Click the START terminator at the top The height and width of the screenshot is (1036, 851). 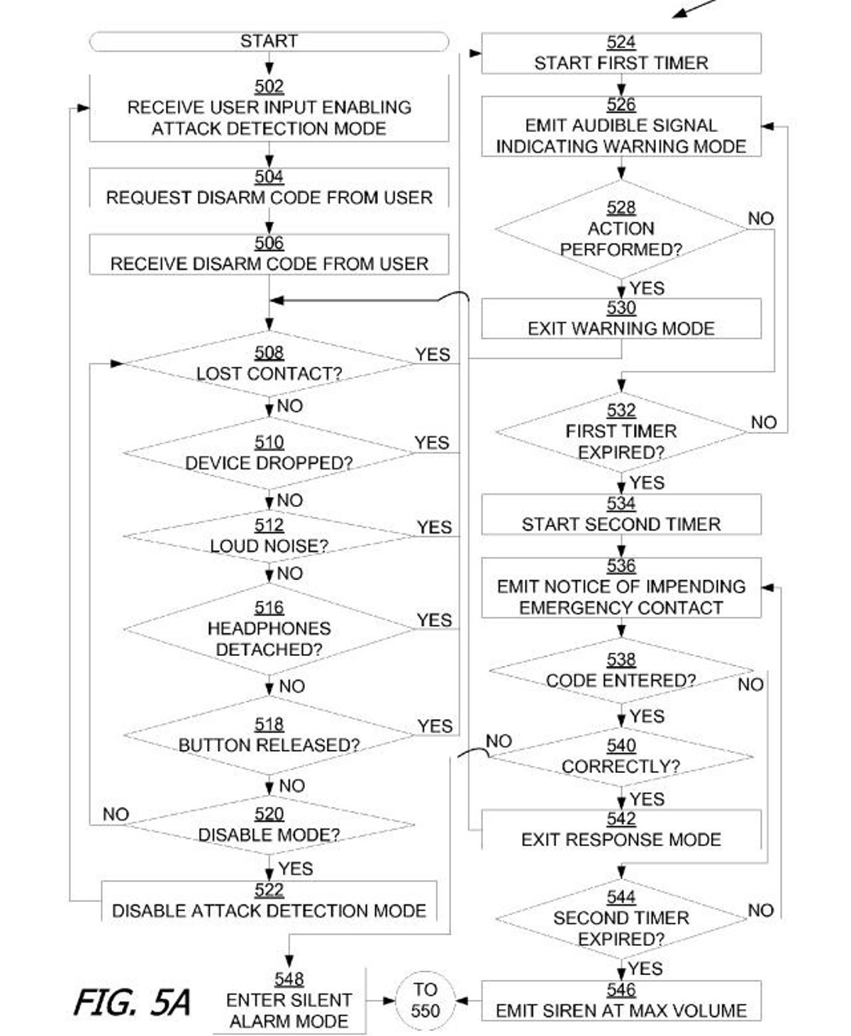[x=269, y=41]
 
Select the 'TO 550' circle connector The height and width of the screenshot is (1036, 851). [x=425, y=1000]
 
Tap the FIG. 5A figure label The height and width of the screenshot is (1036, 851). [x=132, y=1003]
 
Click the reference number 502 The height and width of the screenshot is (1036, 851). [x=269, y=87]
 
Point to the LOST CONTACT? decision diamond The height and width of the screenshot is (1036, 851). [x=269, y=364]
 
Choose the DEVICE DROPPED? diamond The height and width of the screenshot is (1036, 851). [x=269, y=453]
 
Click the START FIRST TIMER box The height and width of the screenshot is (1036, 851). [x=621, y=53]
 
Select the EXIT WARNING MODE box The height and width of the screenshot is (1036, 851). [x=621, y=319]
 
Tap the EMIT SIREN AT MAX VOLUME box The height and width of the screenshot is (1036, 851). [x=621, y=1001]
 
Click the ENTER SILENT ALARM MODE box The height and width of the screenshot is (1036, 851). [x=289, y=1001]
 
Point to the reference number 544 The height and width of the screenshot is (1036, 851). [x=621, y=897]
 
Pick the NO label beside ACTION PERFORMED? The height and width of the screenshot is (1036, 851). [x=760, y=218]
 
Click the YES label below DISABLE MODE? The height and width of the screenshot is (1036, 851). [x=296, y=869]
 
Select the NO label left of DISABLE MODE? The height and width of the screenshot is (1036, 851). [x=116, y=814]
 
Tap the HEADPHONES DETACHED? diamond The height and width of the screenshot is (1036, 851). [x=269, y=629]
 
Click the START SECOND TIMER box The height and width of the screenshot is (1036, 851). [x=621, y=515]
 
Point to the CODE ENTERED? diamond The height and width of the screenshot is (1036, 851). [x=621, y=671]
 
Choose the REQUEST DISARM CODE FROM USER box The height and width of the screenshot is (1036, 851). [x=269, y=188]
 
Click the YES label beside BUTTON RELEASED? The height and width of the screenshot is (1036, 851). [x=435, y=726]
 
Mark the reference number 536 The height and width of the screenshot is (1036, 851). [x=621, y=566]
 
